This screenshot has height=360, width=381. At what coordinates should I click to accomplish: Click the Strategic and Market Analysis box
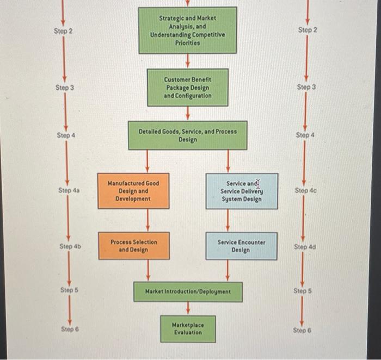point(187,30)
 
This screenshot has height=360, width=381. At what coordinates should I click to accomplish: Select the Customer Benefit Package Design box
point(187,88)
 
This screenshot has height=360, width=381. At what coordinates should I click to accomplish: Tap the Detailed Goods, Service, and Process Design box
point(187,135)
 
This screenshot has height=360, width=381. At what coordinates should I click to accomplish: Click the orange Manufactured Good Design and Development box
point(133,191)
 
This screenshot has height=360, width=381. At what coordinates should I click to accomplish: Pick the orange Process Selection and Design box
point(133,246)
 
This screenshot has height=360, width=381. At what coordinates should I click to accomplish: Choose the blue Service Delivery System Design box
point(241,191)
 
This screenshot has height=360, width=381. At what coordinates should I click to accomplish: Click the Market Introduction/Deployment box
point(188,292)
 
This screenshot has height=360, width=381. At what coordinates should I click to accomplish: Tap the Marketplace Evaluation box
point(187,328)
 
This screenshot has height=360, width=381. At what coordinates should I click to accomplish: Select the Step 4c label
point(305,190)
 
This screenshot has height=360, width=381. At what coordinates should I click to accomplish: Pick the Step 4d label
point(305,246)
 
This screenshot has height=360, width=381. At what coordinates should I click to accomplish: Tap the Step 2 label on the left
point(63,31)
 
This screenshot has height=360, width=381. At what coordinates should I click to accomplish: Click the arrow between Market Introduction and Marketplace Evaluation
point(188,308)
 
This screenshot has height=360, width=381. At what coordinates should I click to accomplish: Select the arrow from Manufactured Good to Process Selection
point(148,220)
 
